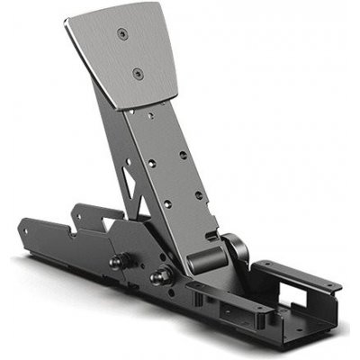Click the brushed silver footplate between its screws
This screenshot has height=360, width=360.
pyautogui.click(x=130, y=54)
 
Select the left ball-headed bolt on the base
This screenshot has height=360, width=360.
pyautogui.click(x=117, y=263)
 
